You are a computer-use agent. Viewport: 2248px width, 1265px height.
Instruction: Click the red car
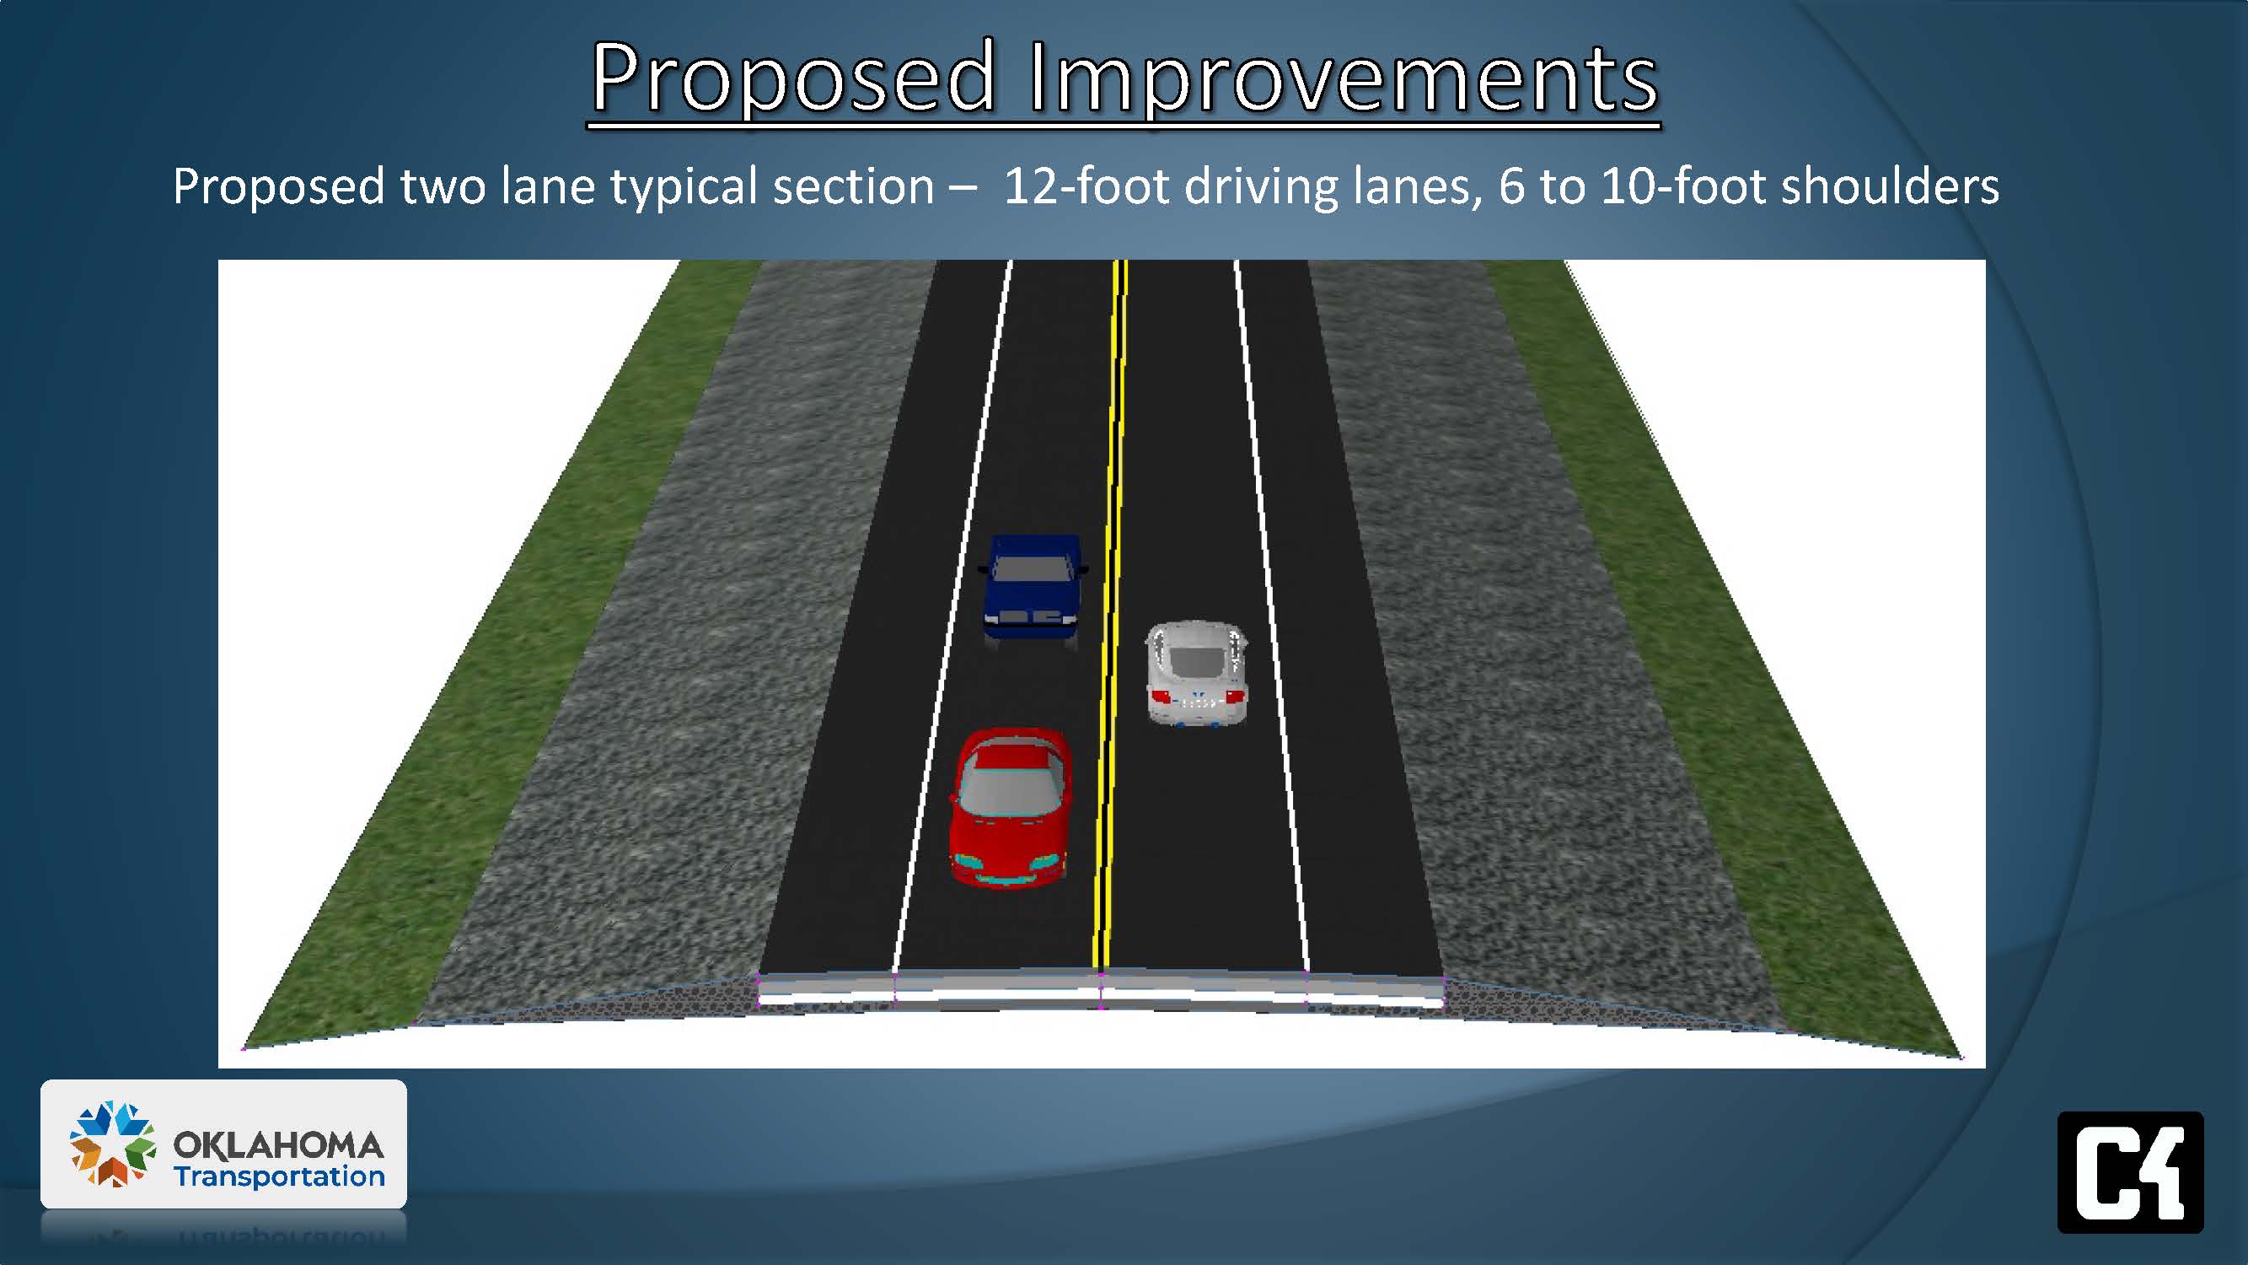tap(1010, 808)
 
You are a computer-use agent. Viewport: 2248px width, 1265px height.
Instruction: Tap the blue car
tap(1033, 590)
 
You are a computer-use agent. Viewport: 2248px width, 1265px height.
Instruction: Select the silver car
tap(1195, 673)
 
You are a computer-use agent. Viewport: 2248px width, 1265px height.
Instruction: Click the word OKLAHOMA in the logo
tap(278, 1144)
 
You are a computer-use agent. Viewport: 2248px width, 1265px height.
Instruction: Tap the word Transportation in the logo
tap(279, 1176)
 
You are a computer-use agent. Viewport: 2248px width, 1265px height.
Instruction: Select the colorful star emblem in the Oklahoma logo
tap(113, 1144)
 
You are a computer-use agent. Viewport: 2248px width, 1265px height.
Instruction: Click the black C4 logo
tap(2130, 1172)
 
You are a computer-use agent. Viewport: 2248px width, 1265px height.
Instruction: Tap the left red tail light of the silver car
tap(1161, 696)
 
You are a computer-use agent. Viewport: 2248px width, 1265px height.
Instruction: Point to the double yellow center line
tap(1110, 615)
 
